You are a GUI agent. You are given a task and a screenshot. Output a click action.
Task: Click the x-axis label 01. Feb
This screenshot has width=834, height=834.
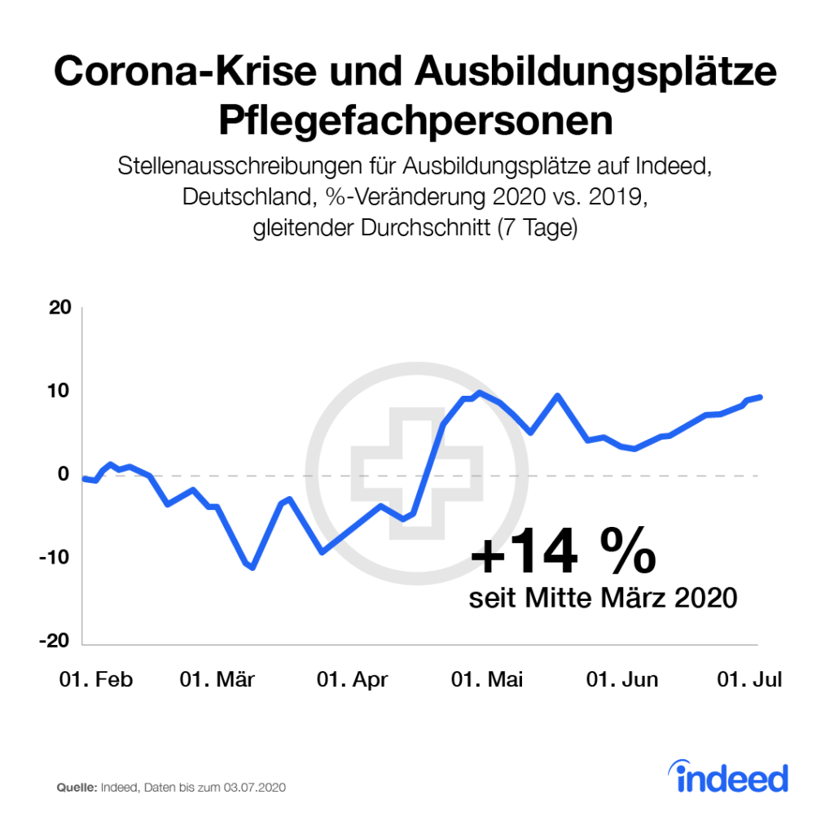[95, 680]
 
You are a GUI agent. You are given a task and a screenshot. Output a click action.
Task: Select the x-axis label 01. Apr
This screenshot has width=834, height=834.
[352, 680]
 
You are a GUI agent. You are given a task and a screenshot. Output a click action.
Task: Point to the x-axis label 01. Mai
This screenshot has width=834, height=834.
[487, 680]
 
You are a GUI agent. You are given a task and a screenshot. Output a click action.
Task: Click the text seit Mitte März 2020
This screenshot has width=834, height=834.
[603, 599]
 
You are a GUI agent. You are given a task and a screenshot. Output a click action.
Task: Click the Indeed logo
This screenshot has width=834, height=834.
[731, 778]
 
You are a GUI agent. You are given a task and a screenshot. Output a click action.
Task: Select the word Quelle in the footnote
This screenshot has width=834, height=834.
[76, 788]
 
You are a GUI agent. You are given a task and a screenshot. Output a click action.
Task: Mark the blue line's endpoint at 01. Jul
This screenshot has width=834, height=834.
[760, 397]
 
